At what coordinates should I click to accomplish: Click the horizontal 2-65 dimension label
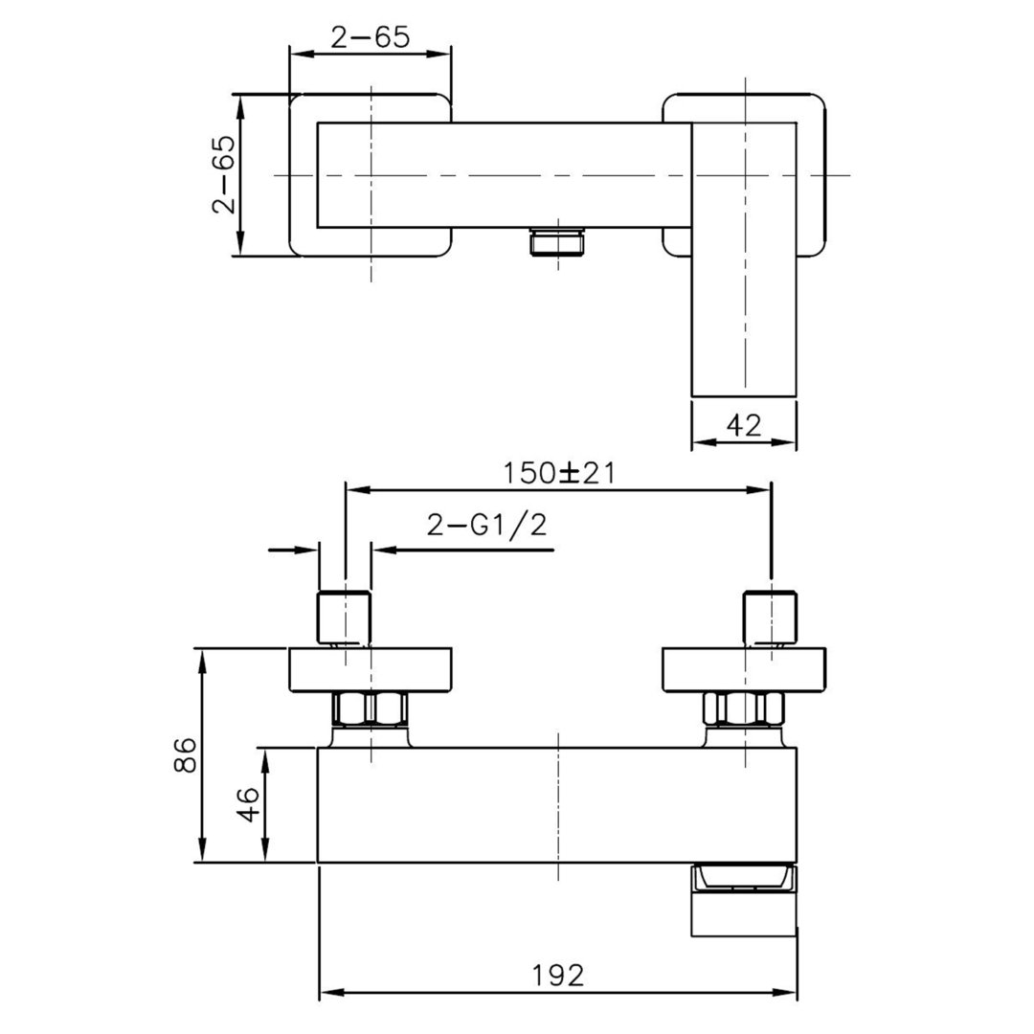click(x=370, y=37)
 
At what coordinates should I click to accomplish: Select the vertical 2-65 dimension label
click(x=223, y=174)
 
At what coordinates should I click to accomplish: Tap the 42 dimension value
click(x=744, y=425)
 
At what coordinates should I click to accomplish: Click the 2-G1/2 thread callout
click(x=486, y=525)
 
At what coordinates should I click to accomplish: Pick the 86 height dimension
click(x=186, y=755)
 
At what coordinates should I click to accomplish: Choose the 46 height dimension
click(x=249, y=804)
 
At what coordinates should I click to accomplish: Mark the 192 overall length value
click(x=558, y=975)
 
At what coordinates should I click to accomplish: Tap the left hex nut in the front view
click(x=371, y=709)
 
